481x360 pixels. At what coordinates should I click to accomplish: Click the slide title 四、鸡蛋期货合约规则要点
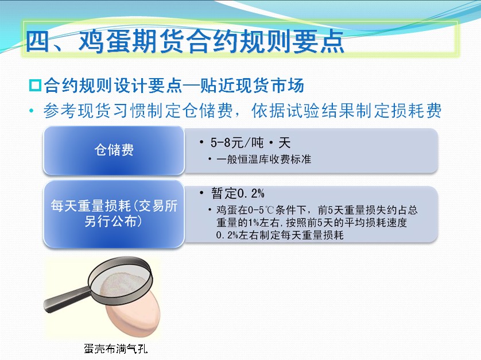(x=185, y=41)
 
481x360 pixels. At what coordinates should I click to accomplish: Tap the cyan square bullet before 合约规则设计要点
(x=35, y=86)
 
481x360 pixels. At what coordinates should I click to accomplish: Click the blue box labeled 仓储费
(x=114, y=150)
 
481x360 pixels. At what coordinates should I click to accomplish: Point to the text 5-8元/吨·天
(x=250, y=143)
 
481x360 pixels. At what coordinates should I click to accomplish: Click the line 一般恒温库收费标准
(x=263, y=159)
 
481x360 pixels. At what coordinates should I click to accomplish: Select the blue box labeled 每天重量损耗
(x=114, y=214)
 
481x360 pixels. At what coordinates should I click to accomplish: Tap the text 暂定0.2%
(x=238, y=193)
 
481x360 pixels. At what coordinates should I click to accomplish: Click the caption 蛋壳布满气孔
(x=115, y=349)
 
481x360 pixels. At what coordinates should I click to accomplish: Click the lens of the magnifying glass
(x=121, y=281)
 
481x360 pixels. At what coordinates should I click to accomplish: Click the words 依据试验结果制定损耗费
(x=346, y=110)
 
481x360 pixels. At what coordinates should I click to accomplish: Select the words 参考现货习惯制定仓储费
(x=138, y=110)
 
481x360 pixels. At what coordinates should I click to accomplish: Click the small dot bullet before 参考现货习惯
(x=32, y=110)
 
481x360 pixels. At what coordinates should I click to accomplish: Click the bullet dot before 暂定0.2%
(x=201, y=193)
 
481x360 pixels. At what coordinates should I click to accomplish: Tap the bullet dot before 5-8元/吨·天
(x=201, y=142)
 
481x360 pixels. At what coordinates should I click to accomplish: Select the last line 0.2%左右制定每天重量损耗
(x=280, y=235)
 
